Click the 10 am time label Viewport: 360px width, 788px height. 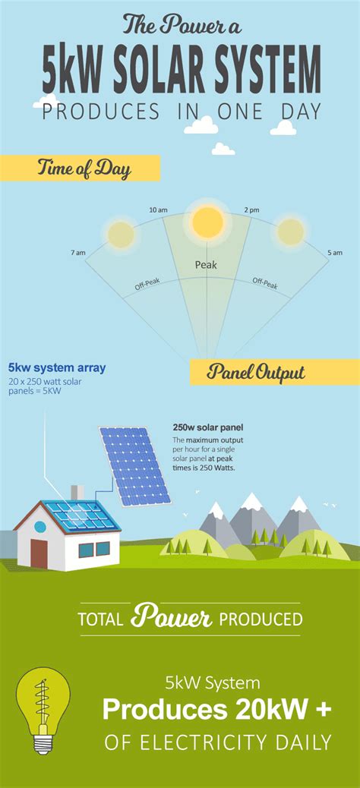click(x=159, y=210)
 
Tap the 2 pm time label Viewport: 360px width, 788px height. click(x=251, y=210)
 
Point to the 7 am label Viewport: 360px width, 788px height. click(x=78, y=253)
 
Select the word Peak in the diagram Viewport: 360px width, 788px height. click(x=206, y=264)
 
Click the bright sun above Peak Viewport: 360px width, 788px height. click(x=207, y=222)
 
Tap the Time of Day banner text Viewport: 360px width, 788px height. click(x=84, y=168)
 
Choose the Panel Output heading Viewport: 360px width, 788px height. click(x=256, y=373)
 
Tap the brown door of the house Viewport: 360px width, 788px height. click(x=39, y=553)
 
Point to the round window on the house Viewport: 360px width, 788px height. click(x=40, y=527)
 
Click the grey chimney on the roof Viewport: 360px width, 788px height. click(x=77, y=493)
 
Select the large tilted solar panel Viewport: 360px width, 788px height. click(x=134, y=466)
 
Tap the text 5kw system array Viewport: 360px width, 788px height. click(x=57, y=368)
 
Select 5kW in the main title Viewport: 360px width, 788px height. click(x=74, y=72)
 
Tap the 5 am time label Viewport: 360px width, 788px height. click(x=335, y=253)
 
